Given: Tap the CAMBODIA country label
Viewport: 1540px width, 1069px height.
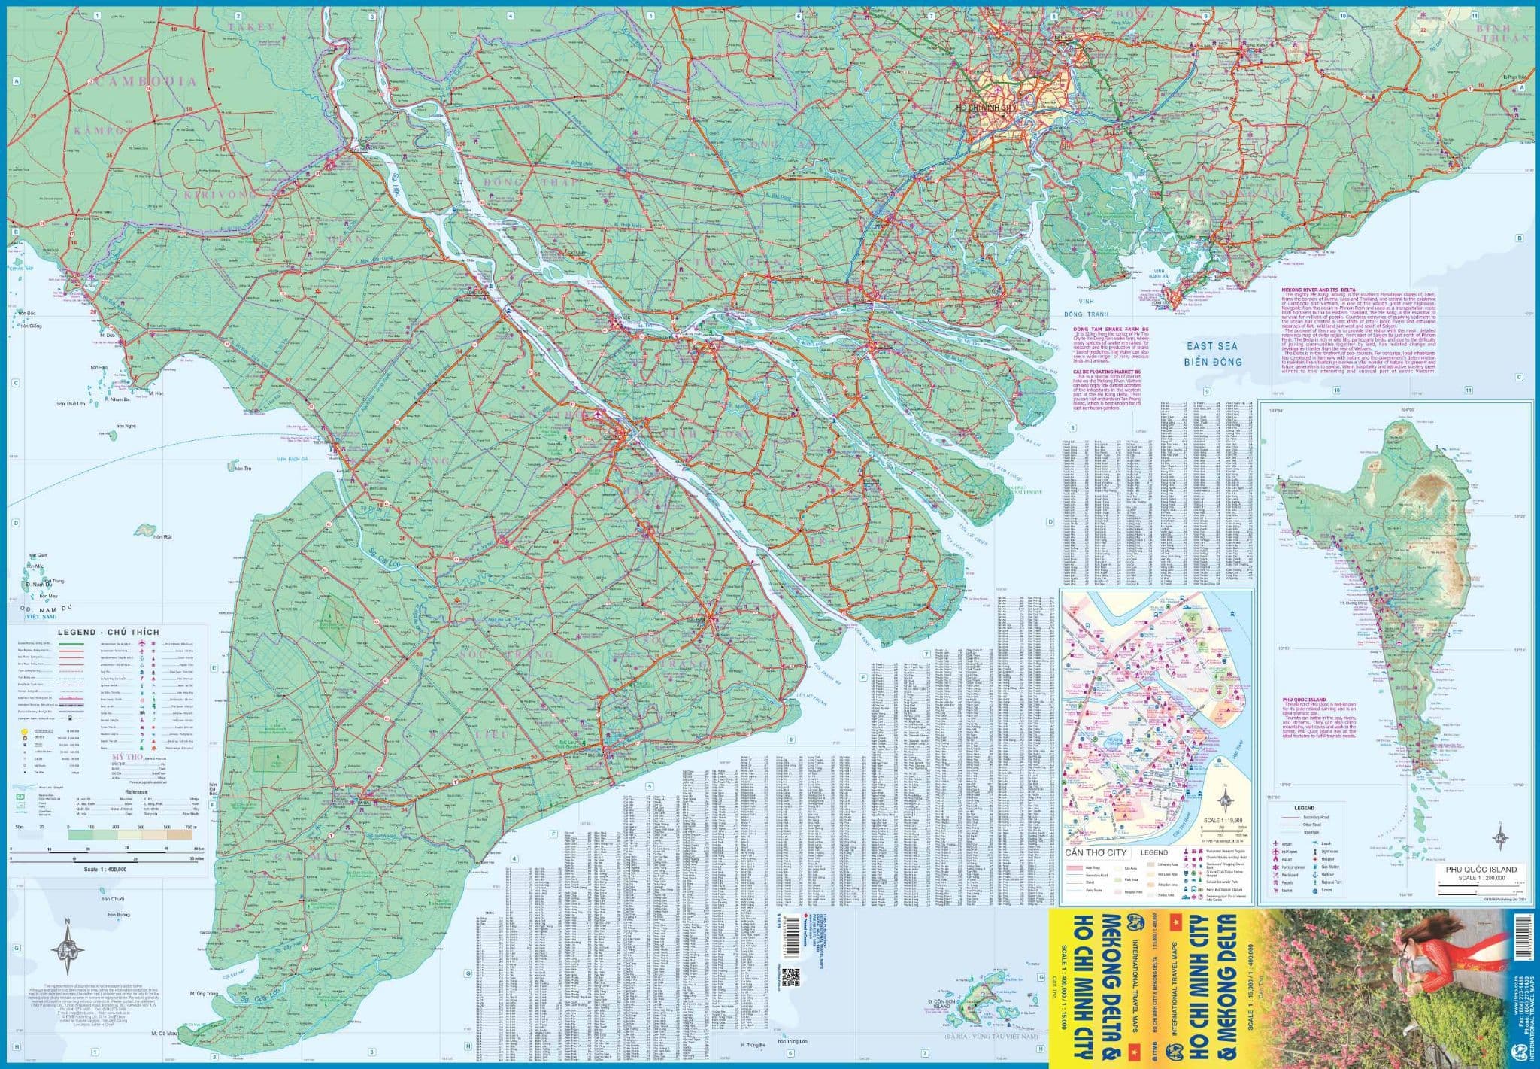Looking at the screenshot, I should click(x=147, y=81).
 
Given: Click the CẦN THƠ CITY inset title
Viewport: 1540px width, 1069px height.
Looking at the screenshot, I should click(x=1096, y=852).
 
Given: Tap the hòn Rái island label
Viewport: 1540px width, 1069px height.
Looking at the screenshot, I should click(x=162, y=536).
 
